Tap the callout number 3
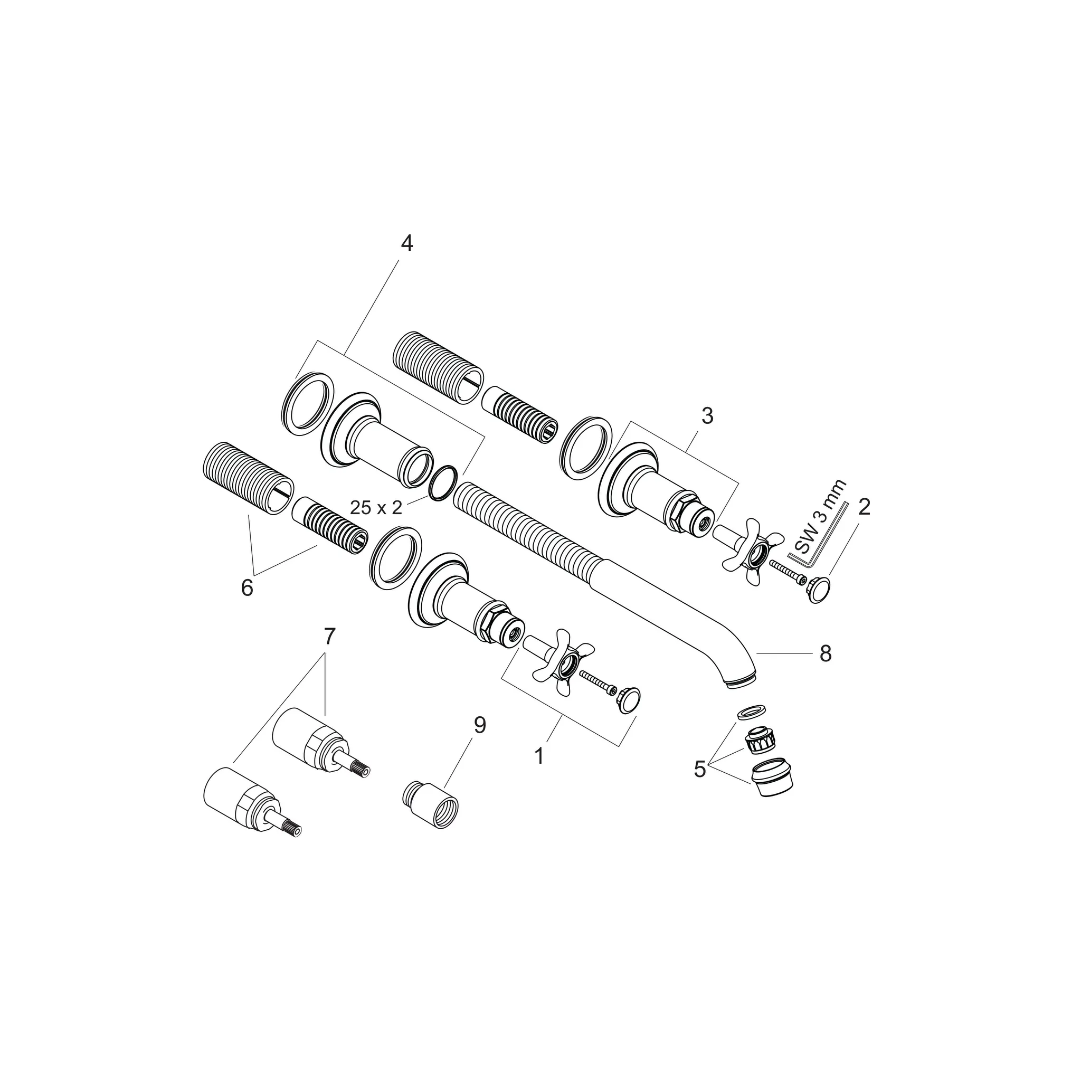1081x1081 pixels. coord(707,416)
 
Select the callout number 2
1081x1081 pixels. coord(865,507)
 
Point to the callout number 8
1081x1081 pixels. coord(826,653)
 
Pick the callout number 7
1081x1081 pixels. coord(329,636)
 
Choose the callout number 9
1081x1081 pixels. coord(480,726)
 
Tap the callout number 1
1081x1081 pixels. coord(539,756)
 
